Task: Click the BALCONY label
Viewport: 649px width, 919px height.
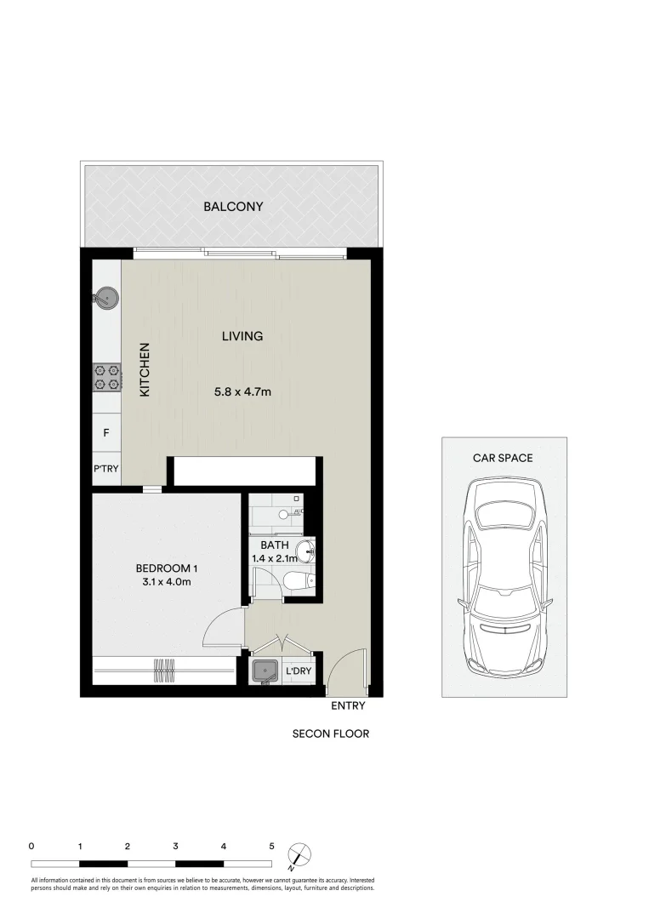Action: [x=232, y=207]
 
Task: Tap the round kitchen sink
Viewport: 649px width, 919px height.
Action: [x=106, y=297]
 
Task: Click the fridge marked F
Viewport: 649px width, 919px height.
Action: [x=106, y=433]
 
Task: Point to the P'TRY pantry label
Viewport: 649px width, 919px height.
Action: [x=106, y=469]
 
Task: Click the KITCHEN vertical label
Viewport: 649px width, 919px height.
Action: [x=145, y=369]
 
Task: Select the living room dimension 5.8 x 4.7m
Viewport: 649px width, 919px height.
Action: [x=242, y=392]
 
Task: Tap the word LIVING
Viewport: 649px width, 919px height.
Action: [x=242, y=336]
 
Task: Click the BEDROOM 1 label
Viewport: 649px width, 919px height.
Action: [x=167, y=568]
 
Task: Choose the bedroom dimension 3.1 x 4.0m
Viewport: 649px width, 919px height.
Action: [x=167, y=582]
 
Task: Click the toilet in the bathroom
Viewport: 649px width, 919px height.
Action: [x=299, y=581]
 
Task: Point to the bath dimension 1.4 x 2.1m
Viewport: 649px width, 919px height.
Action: [x=274, y=559]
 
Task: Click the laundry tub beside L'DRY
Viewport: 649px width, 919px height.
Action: [x=266, y=672]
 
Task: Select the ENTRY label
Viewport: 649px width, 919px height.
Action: [x=348, y=705]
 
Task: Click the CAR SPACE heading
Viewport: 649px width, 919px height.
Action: [x=503, y=458]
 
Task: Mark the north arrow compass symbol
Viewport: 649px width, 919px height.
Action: [x=299, y=853]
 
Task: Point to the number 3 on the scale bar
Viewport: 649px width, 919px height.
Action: [x=175, y=847]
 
